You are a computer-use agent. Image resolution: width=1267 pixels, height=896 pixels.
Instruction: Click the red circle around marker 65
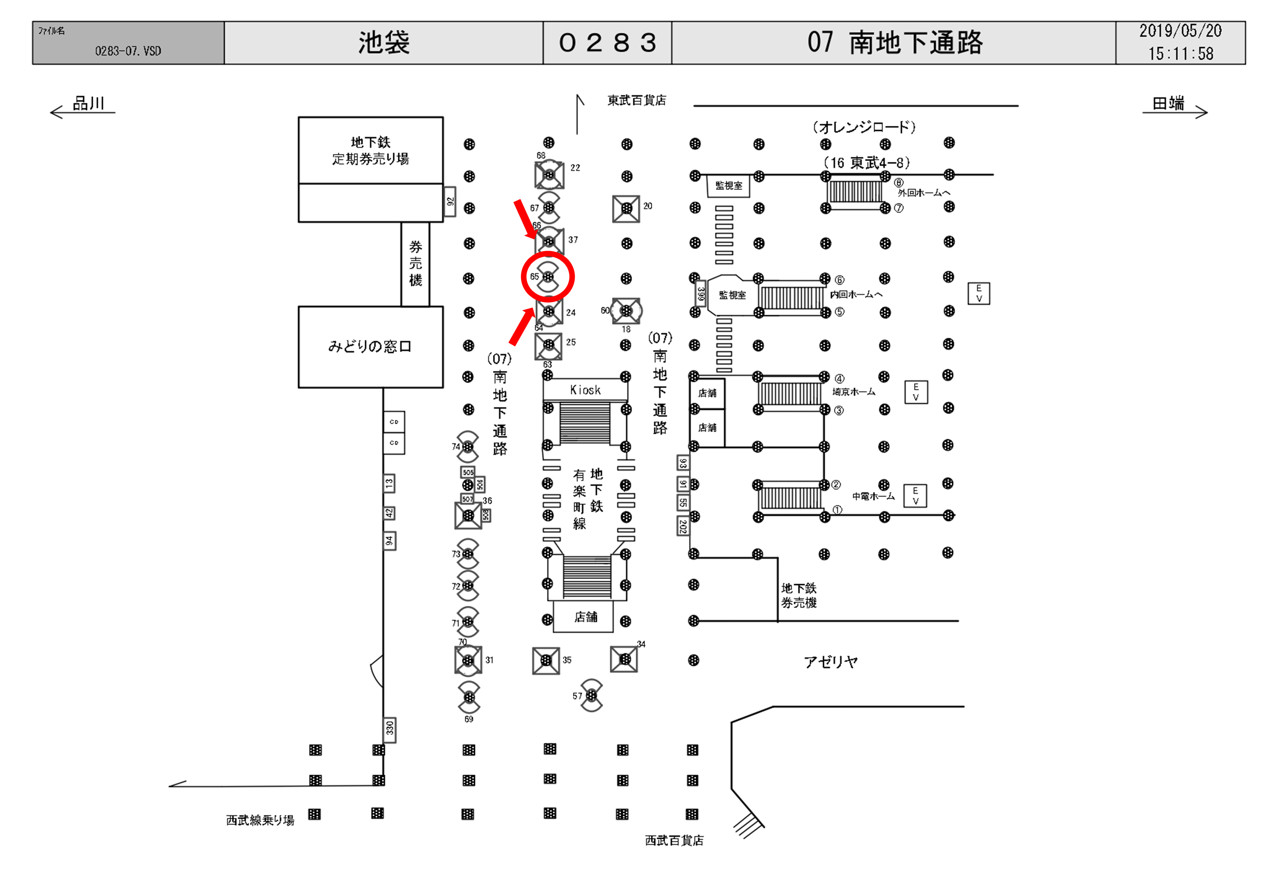click(x=547, y=276)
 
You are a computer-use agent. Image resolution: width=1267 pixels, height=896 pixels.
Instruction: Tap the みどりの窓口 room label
click(x=370, y=346)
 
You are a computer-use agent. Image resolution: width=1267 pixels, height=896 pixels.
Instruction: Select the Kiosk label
click(x=585, y=390)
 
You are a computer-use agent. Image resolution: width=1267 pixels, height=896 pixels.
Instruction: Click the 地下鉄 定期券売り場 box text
click(x=370, y=150)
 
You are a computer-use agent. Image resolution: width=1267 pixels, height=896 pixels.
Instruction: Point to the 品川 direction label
click(x=88, y=103)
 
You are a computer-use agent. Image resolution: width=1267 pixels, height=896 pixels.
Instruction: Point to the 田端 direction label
click(x=1168, y=103)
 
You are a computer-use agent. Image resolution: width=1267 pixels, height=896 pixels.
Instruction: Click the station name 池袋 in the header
click(x=384, y=42)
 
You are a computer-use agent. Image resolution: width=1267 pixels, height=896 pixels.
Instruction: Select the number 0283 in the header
click(x=607, y=42)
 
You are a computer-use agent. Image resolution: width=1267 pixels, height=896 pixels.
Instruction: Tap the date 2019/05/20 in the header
click(x=1180, y=31)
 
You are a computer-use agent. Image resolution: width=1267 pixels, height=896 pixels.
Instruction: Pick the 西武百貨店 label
click(x=674, y=840)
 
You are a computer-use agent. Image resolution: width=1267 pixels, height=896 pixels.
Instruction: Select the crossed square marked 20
click(x=626, y=209)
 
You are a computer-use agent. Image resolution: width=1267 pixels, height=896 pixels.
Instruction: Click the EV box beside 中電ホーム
click(x=915, y=496)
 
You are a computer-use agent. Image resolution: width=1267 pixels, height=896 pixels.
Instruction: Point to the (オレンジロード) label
click(x=864, y=127)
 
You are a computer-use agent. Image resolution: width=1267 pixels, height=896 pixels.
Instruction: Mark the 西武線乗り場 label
click(x=260, y=820)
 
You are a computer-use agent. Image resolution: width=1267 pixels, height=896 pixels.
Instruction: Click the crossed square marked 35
click(x=546, y=660)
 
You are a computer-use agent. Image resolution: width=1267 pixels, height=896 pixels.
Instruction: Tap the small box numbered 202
click(x=683, y=526)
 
